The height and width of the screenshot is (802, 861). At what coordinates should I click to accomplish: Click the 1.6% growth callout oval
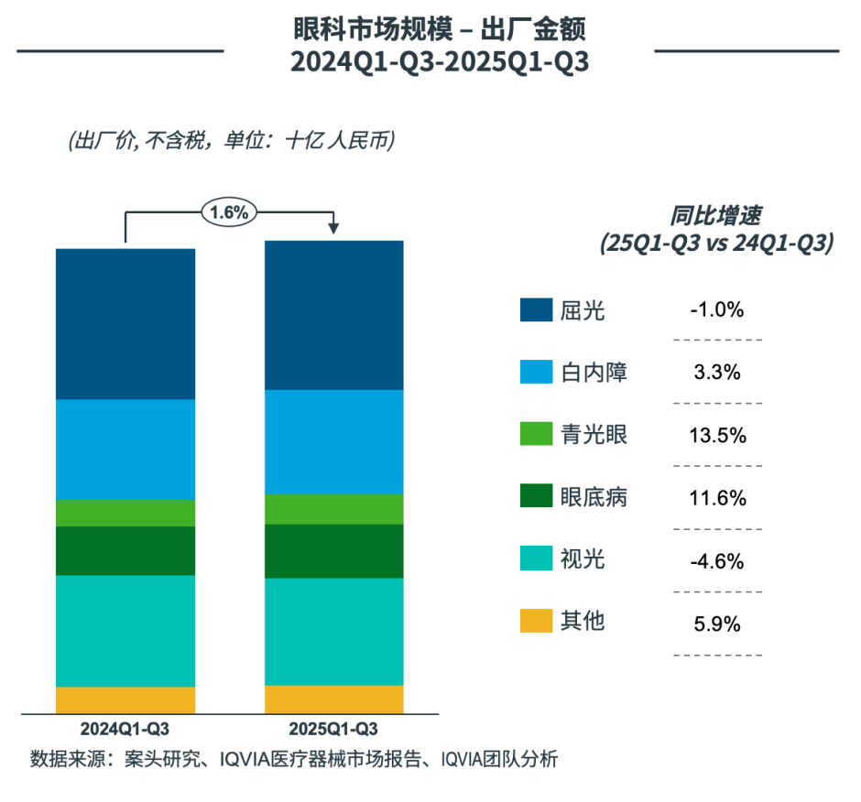[229, 212]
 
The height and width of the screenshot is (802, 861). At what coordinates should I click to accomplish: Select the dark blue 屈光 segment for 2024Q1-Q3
[125, 323]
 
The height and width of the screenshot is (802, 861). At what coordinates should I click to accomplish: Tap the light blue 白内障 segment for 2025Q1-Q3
[334, 441]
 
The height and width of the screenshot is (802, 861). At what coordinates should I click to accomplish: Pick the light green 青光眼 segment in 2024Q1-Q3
[125, 513]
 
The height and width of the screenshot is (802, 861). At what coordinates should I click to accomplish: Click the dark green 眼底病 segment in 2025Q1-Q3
[334, 551]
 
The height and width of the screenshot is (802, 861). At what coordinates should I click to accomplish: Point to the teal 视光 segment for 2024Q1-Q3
[125, 631]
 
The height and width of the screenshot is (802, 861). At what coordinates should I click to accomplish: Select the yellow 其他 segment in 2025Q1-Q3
[334, 699]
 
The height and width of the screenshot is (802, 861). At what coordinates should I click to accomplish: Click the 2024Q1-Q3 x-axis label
[125, 730]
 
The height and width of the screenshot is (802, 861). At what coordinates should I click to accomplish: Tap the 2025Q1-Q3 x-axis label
[333, 730]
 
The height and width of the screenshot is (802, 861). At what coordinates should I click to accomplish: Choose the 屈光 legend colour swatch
[535, 310]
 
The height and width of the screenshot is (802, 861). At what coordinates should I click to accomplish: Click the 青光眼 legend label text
[594, 435]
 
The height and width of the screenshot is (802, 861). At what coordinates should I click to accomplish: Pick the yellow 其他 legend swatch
[535, 621]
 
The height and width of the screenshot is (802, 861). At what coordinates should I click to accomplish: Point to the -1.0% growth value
[717, 310]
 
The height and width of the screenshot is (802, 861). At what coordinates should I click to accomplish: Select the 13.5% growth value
[717, 435]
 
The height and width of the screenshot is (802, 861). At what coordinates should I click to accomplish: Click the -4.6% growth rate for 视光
[717, 560]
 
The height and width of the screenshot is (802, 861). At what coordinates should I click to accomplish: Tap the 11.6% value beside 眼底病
[717, 498]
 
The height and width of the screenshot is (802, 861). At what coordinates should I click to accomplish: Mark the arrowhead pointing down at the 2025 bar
[334, 228]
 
